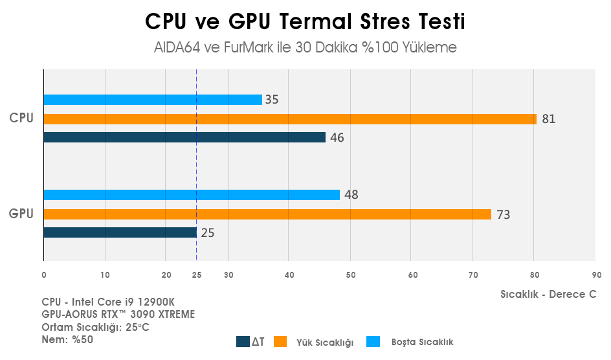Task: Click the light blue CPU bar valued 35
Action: [153, 100]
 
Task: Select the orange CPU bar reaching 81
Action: [289, 119]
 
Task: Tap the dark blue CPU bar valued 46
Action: [184, 137]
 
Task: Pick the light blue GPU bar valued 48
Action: [192, 195]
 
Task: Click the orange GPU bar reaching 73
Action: [267, 214]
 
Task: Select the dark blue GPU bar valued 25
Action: [120, 232]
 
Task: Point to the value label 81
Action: [549, 119]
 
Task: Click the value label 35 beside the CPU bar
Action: [272, 100]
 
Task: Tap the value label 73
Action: [503, 214]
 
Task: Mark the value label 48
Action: [351, 195]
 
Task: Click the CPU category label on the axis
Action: [21, 118]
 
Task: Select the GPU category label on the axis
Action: [21, 213]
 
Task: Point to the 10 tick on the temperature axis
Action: [105, 275]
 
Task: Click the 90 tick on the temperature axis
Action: [596, 275]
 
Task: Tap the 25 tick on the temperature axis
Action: [197, 275]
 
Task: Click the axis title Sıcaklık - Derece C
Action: [548, 294]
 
